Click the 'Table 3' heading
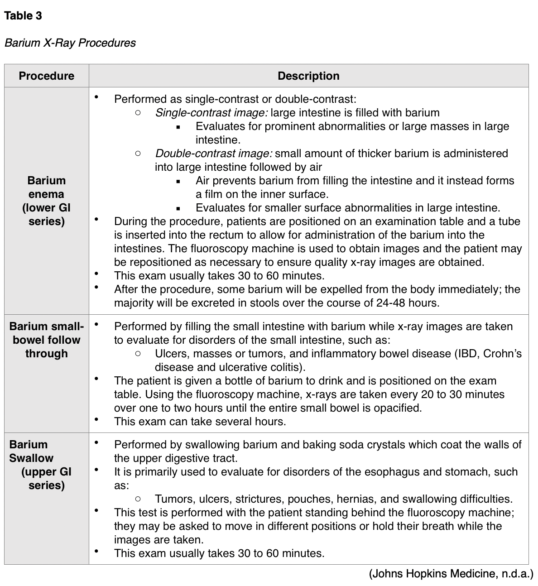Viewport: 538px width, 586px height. tap(23, 16)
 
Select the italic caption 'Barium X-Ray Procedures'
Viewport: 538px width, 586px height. tap(70, 43)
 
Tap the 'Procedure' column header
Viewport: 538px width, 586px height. tap(47, 76)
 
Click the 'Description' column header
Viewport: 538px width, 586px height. tap(308, 76)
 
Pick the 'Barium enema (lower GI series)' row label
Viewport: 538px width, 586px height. tap(47, 201)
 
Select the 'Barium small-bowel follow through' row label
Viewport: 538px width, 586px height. tap(47, 340)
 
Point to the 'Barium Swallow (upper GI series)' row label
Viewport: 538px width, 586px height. tap(41, 465)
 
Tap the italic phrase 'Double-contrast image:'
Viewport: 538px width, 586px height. tap(213, 154)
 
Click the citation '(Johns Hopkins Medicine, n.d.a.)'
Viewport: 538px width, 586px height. tap(451, 574)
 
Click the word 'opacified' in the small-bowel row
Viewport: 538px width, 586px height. tap(397, 408)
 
